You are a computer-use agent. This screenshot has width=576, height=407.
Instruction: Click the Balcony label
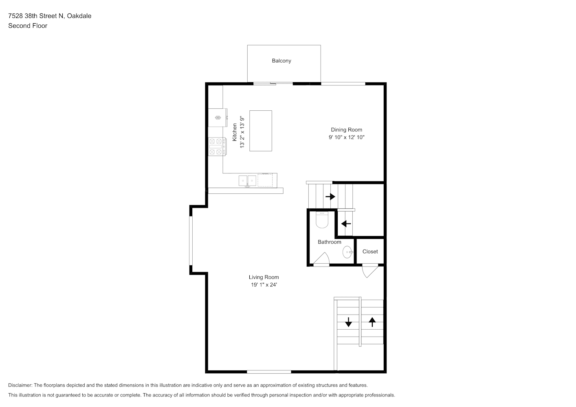pos(281,61)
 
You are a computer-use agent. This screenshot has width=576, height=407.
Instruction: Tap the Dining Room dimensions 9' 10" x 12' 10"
pos(346,137)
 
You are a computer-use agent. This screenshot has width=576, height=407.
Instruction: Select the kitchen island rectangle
pos(260,131)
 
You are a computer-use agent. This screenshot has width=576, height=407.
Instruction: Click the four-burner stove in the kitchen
pos(217,147)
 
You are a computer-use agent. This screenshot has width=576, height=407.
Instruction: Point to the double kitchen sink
pos(247,181)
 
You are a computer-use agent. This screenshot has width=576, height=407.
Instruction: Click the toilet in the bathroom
pos(322,220)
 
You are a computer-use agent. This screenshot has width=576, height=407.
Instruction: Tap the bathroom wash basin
pos(347,252)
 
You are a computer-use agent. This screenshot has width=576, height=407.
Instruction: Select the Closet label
pos(370,252)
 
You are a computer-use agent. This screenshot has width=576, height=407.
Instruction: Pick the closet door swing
pos(370,271)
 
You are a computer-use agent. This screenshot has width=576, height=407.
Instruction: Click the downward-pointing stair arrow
pos(348,322)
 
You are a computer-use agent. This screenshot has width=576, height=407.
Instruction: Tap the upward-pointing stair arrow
pos(372,322)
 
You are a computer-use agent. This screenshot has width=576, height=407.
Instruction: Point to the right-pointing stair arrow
pos(330,197)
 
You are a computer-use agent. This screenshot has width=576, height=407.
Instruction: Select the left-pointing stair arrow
pos(346,224)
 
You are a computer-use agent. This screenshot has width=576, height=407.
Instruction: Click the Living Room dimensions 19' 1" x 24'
pos(264,284)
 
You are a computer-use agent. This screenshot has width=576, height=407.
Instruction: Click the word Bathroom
pos(330,242)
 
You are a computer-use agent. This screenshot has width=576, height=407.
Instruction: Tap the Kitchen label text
pos(235,132)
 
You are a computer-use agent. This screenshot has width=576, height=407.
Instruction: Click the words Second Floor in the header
pos(28,26)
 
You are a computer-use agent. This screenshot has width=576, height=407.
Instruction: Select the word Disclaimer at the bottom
pos(20,385)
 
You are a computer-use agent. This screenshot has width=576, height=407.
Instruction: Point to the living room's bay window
pos(191,241)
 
